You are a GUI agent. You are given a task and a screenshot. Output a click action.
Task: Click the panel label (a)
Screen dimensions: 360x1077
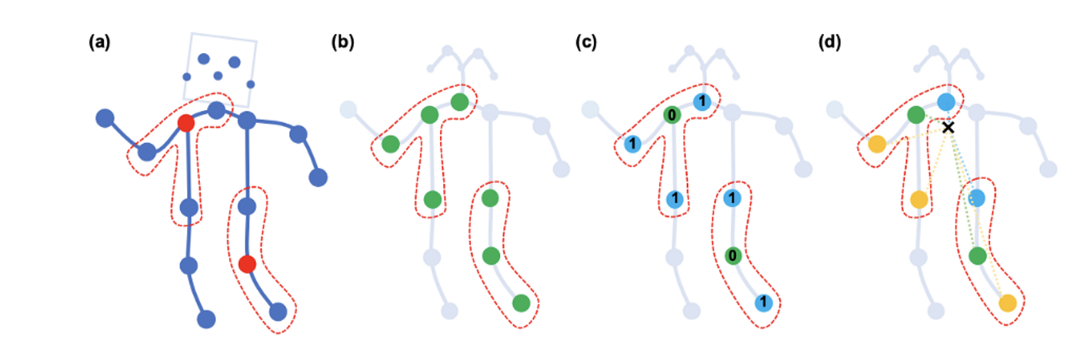100,43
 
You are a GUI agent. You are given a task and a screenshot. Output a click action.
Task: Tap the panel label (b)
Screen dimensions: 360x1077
342,43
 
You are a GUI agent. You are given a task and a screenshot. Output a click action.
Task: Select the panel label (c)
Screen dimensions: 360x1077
586,43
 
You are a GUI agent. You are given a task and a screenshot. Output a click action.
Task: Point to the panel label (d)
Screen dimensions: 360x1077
830,43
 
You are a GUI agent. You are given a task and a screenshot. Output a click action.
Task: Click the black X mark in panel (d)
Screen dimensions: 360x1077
949,127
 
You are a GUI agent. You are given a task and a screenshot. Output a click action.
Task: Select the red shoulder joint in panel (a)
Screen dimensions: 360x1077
185,122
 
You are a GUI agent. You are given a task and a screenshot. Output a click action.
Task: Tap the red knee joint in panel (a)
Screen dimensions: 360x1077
247,264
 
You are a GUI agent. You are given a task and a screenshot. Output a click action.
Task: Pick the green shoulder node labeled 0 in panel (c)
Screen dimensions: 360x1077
673,115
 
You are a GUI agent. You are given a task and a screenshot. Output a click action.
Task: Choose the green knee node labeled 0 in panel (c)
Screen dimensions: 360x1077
734,255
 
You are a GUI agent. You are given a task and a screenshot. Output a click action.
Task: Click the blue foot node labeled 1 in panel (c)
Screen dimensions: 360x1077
764,303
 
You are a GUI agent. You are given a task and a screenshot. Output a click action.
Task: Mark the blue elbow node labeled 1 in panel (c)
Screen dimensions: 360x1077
632,144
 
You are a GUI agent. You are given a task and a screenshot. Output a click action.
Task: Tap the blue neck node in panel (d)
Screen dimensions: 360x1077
946,102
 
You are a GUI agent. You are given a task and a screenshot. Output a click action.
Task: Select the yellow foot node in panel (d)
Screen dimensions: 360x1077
1007,303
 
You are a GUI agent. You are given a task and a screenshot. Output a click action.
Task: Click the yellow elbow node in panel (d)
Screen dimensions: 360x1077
875,144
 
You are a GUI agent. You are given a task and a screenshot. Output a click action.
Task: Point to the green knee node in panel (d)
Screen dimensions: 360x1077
978,255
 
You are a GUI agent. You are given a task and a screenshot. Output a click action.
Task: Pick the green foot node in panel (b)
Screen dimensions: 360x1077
521,303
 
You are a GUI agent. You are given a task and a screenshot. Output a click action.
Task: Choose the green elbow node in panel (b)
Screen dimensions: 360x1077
390,144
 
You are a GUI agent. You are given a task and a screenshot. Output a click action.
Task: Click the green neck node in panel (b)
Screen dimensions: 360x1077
459,102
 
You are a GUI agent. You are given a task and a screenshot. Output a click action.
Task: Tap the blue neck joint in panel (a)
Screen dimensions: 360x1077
217,110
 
